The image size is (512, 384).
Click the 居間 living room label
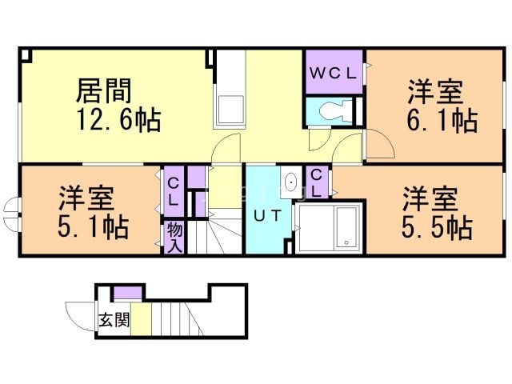[x=103, y=90]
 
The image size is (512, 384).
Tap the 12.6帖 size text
[x=118, y=122]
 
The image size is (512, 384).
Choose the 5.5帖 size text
[x=436, y=227]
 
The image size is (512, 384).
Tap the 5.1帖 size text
[x=93, y=227]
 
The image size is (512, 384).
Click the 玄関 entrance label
[x=114, y=321]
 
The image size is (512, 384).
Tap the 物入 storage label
[x=174, y=237]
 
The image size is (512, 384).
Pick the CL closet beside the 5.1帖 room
[x=173, y=190]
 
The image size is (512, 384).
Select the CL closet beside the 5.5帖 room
[x=316, y=183]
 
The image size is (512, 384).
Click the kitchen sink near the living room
[x=231, y=109]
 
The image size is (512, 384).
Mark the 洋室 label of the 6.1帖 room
[x=434, y=91]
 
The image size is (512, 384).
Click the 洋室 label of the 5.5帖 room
[x=429, y=197]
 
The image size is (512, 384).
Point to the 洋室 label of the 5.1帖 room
[x=85, y=197]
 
